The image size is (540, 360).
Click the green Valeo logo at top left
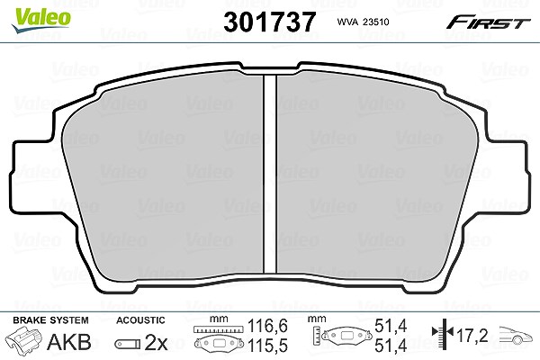point(41,21)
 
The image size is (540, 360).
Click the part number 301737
point(270,22)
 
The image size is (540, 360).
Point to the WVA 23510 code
point(363,22)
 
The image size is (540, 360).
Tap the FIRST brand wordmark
point(488,22)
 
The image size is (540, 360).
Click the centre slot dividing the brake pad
point(270,174)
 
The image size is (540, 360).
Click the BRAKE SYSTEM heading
point(50,320)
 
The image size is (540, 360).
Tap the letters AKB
point(69,342)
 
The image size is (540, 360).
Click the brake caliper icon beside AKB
point(23,339)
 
